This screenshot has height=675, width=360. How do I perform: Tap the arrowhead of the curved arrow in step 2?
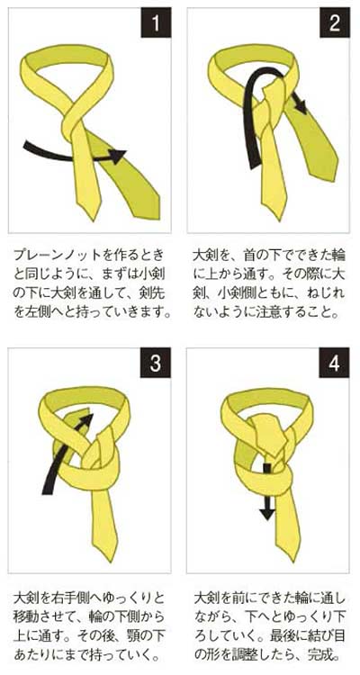300,105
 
